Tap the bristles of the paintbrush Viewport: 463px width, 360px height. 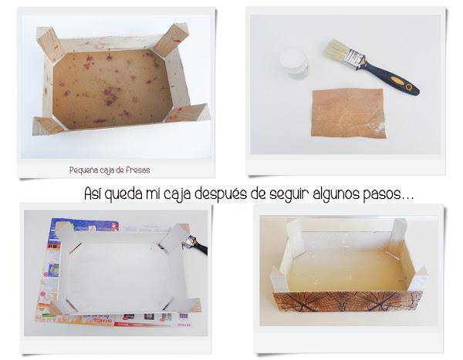click(x=337, y=49)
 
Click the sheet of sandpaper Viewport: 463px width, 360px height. click(x=349, y=113)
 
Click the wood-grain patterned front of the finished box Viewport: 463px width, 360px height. click(x=347, y=301)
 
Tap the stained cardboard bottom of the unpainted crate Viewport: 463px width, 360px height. click(x=112, y=89)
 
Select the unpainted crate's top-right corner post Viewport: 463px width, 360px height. click(x=171, y=40)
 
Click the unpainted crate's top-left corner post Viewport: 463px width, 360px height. click(x=49, y=44)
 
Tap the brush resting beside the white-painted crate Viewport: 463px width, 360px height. click(x=195, y=244)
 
